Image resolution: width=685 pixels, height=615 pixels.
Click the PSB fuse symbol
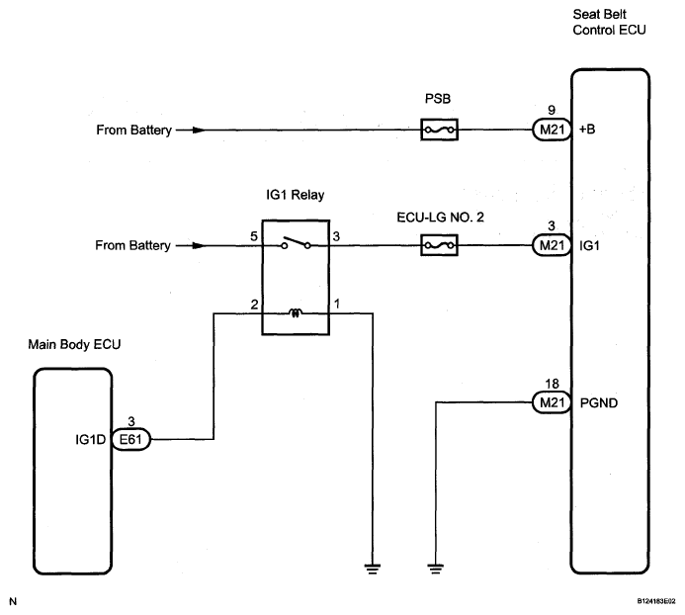coord(439,130)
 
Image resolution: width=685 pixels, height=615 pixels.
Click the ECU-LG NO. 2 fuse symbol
coord(439,245)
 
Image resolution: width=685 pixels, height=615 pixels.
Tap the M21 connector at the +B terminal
coord(552,130)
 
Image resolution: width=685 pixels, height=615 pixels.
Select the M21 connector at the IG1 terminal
coord(552,245)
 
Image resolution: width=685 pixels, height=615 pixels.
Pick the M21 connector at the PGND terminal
coord(552,402)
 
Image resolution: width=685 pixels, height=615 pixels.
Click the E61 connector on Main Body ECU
coord(131,439)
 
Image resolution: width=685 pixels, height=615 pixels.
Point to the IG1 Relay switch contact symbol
coord(296,243)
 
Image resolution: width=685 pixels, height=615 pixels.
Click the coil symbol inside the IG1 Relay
coord(296,312)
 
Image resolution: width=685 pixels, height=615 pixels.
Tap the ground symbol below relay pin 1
coord(373,569)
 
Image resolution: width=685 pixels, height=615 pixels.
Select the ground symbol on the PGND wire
coord(436,569)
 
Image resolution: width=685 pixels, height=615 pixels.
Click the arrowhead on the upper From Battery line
coord(199,130)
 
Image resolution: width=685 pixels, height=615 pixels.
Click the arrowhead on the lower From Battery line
coord(199,245)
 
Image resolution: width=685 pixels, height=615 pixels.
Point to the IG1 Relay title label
coord(296,195)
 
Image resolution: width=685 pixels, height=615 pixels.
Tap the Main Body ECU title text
coord(74,344)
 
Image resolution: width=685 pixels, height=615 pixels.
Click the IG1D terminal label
coord(90,439)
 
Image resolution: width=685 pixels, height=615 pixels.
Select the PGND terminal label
coord(598,402)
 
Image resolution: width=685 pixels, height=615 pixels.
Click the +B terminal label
coord(587,130)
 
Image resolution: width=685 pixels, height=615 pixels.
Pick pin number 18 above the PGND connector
coord(552,384)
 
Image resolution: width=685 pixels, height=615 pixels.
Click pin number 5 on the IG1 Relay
coord(254,236)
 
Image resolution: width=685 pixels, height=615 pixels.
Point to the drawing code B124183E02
coord(655,601)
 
